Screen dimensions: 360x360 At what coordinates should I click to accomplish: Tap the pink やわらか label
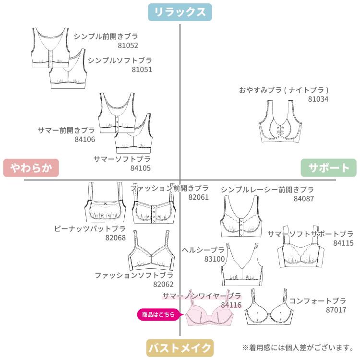pyautogui.click(x=31, y=168)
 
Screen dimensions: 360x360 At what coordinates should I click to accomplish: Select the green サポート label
pyautogui.click(x=329, y=168)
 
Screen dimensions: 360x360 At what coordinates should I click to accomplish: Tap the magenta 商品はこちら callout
pyautogui.click(x=160, y=315)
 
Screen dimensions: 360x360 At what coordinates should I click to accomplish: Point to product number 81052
pyautogui.click(x=128, y=46)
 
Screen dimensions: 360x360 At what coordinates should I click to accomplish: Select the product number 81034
pyautogui.click(x=318, y=99)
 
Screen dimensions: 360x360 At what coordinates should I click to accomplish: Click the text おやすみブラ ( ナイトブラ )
pyautogui.click(x=284, y=90)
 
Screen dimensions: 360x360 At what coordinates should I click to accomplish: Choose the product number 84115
pyautogui.click(x=343, y=243)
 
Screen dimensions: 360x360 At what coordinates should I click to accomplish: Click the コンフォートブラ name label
pyautogui.click(x=317, y=301)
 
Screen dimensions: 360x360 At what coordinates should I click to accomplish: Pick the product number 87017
pyautogui.click(x=336, y=310)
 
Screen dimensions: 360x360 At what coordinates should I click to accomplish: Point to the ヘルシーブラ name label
pyautogui.click(x=204, y=250)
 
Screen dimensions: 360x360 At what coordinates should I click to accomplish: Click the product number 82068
pyautogui.click(x=115, y=238)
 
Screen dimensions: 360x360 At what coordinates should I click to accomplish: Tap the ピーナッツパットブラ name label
pyautogui.click(x=90, y=228)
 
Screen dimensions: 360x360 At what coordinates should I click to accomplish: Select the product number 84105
pyautogui.click(x=141, y=168)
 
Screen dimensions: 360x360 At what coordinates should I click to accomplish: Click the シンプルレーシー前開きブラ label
pyautogui.click(x=267, y=190)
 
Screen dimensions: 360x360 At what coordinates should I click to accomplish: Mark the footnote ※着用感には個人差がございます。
pyautogui.click(x=298, y=347)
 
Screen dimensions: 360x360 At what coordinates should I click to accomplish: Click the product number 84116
pyautogui.click(x=231, y=305)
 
